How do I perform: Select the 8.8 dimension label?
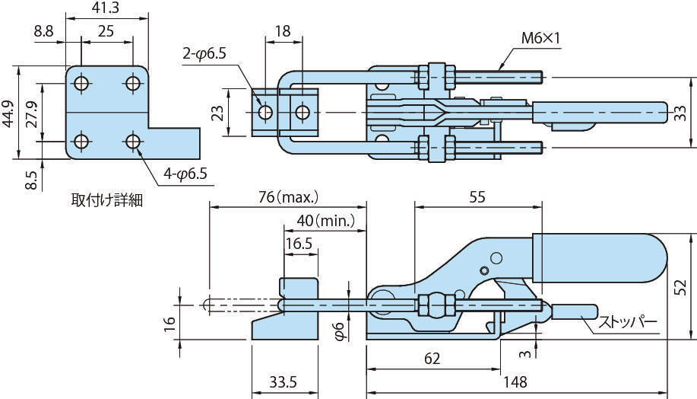point(43,31)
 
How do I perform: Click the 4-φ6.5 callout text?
point(184,174)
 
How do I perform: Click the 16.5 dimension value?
point(299,244)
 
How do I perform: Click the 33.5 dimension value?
point(283,381)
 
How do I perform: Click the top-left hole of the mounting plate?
point(82,82)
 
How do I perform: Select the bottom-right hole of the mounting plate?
point(133,141)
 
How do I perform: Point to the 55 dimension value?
point(477,196)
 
